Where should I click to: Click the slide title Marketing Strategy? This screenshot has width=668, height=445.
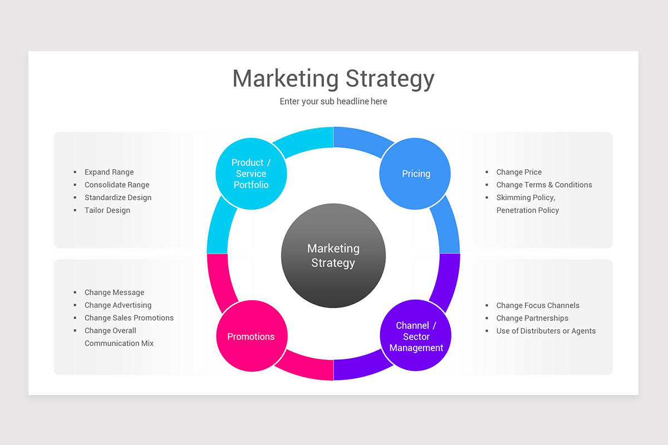(333, 78)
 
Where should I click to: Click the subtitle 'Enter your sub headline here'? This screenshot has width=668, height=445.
(333, 101)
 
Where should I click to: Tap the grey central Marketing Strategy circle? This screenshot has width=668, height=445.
(333, 256)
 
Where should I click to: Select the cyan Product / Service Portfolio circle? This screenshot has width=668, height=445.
(251, 174)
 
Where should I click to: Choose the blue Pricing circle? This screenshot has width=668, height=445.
(416, 174)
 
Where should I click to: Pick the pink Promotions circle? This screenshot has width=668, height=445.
(251, 337)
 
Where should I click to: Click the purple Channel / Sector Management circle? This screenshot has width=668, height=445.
(416, 336)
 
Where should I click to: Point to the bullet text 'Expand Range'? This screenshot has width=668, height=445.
(109, 172)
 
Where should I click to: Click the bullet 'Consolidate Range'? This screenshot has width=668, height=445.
(117, 185)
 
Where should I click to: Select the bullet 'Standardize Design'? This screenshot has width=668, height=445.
(118, 197)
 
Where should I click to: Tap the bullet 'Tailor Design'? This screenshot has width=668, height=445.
(107, 210)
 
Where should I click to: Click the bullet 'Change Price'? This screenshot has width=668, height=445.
(519, 172)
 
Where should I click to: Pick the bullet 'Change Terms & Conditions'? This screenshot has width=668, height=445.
(544, 185)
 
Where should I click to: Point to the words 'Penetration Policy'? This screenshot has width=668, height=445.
(528, 210)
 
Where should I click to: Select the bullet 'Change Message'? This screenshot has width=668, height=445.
(114, 293)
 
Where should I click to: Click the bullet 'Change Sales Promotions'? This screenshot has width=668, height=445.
(129, 318)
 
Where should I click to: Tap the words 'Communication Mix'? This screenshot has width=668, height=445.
(119, 343)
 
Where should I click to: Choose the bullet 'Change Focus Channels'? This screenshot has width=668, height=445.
(538, 305)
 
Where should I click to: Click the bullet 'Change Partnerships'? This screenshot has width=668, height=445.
(532, 318)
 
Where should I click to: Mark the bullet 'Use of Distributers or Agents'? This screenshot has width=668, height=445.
(546, 331)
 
